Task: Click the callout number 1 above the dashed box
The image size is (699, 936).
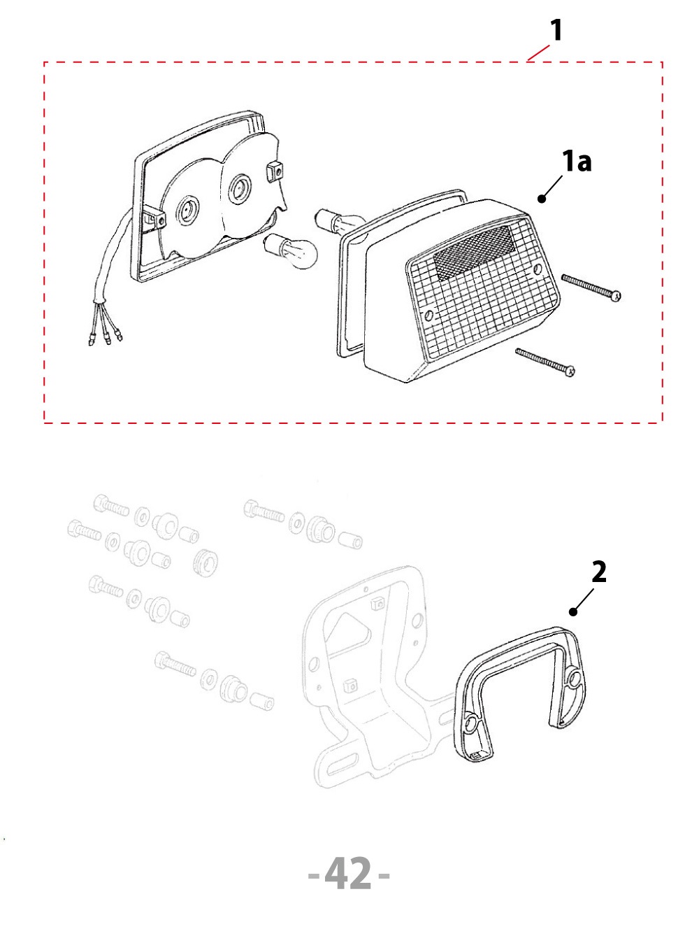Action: [556, 31]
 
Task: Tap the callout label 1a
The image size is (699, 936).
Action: [577, 162]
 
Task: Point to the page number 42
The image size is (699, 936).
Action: [347, 873]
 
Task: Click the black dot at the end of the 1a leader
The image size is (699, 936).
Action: [542, 198]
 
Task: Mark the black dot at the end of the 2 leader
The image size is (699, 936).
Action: [573, 612]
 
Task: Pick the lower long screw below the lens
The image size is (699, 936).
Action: [545, 362]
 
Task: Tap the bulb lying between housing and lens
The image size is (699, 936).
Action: [291, 251]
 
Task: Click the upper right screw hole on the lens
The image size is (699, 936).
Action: [538, 269]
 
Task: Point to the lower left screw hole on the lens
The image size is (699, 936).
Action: [429, 315]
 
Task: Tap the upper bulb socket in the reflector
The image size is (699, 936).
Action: [240, 189]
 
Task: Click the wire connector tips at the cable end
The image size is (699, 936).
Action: [106, 338]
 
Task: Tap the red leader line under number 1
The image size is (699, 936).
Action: [538, 53]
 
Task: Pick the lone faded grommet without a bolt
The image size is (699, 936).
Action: [206, 561]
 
